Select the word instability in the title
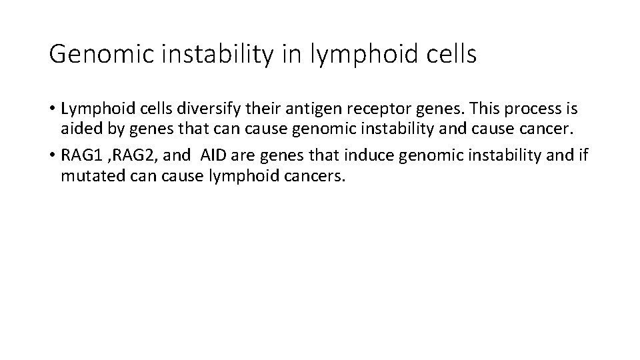(x=211, y=55)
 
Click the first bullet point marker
(x=52, y=109)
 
